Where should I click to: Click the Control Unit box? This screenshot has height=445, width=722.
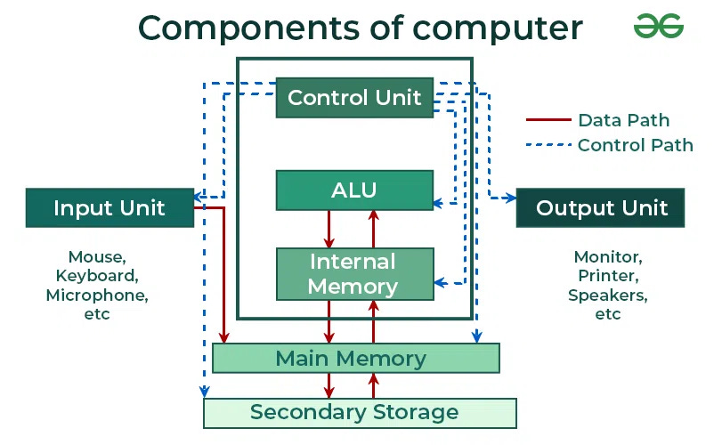[354, 98]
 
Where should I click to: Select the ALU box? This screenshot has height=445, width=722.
[354, 190]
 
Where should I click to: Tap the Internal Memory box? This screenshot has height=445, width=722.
[354, 274]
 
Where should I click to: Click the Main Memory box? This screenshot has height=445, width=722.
[354, 359]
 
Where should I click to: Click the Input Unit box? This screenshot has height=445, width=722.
[109, 208]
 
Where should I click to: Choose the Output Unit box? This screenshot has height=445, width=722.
[601, 208]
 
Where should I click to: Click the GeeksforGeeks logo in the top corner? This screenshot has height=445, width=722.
[659, 26]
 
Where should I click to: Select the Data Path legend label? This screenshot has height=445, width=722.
[623, 120]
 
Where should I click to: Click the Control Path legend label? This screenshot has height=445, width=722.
[635, 145]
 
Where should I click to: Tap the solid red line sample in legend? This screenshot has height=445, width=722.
[547, 120]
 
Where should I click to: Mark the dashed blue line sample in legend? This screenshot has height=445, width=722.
[547, 145]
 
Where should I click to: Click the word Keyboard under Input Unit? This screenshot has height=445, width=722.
[97, 276]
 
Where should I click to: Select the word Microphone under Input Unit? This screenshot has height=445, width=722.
[97, 295]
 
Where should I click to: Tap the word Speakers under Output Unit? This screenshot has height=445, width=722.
[607, 295]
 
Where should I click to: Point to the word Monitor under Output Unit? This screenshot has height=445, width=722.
[607, 257]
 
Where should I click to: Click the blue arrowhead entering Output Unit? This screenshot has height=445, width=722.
[510, 197]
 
